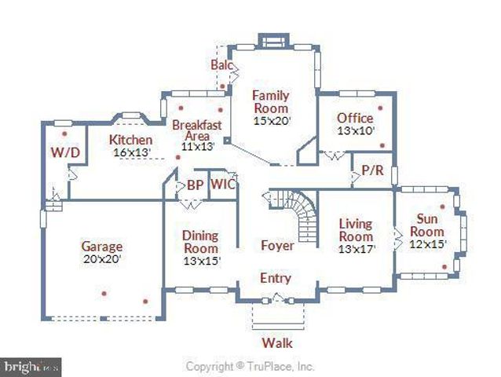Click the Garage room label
click(x=101, y=246)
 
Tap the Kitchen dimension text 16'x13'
click(x=130, y=152)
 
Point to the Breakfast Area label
click(x=196, y=129)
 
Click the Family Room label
click(x=271, y=101)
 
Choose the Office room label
click(x=355, y=119)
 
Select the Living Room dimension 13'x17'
click(x=356, y=249)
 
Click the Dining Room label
click(x=200, y=241)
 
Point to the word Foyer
click(x=277, y=246)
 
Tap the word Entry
click(x=276, y=278)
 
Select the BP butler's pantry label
click(x=194, y=186)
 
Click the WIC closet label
click(x=224, y=186)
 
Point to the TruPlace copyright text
click(x=250, y=366)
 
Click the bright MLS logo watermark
click(x=31, y=366)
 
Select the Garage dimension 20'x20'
click(x=101, y=258)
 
